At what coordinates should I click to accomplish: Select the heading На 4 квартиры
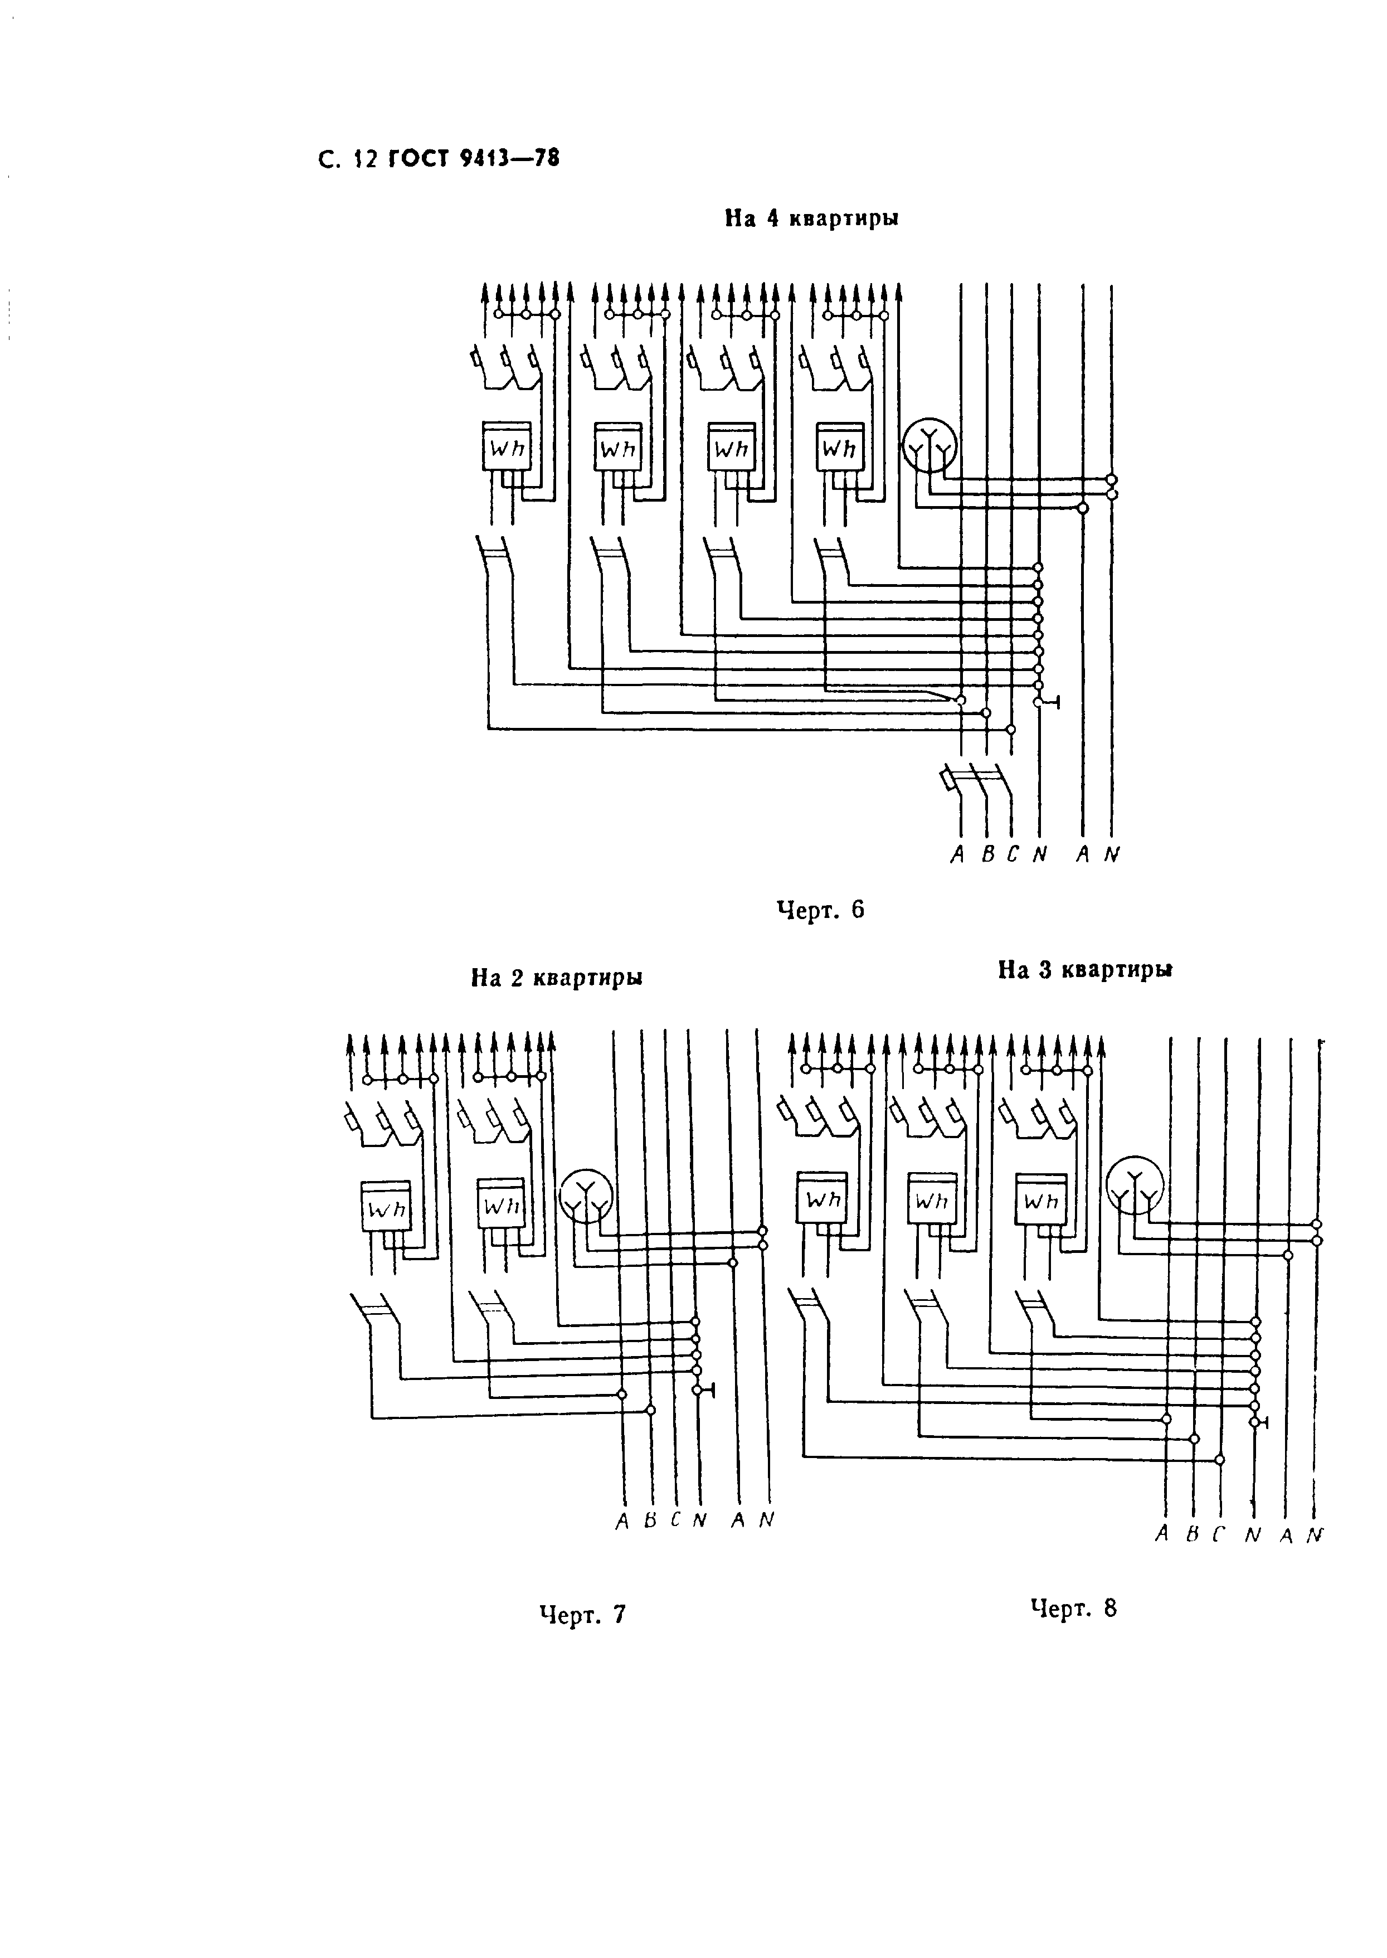click(811, 218)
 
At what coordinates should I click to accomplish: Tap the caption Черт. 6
click(820, 910)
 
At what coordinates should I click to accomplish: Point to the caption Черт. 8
click(1074, 1609)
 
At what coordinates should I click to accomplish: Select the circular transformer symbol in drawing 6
click(930, 445)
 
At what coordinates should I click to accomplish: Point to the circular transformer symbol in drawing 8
click(1133, 1187)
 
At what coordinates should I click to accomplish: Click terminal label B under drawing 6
click(987, 854)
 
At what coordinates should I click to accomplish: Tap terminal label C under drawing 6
click(1013, 854)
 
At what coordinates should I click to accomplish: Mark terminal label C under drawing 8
click(1219, 1535)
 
